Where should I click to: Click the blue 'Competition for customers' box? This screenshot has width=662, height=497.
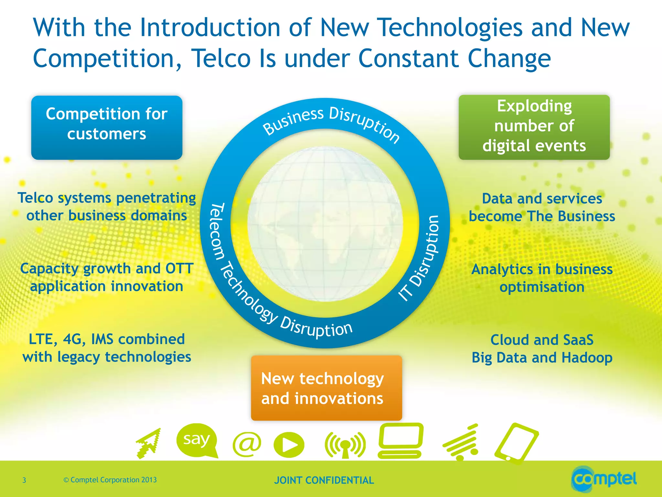coord(107,127)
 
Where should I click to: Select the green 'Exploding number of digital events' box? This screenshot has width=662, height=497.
coord(534,127)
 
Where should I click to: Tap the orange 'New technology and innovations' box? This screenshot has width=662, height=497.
coord(326,388)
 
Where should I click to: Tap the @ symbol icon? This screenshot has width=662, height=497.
coord(247,444)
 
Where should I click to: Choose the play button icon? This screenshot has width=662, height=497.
coord(289,445)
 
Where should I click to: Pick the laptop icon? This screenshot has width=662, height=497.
coord(401,441)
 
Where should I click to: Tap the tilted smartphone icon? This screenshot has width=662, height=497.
coord(517,443)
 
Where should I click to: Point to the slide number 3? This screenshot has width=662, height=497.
coord(24,480)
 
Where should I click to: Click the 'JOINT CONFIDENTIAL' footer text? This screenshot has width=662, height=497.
coord(324,480)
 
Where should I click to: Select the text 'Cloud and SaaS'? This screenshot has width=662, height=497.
coord(542,340)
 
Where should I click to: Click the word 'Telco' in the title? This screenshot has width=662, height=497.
coord(221,59)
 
